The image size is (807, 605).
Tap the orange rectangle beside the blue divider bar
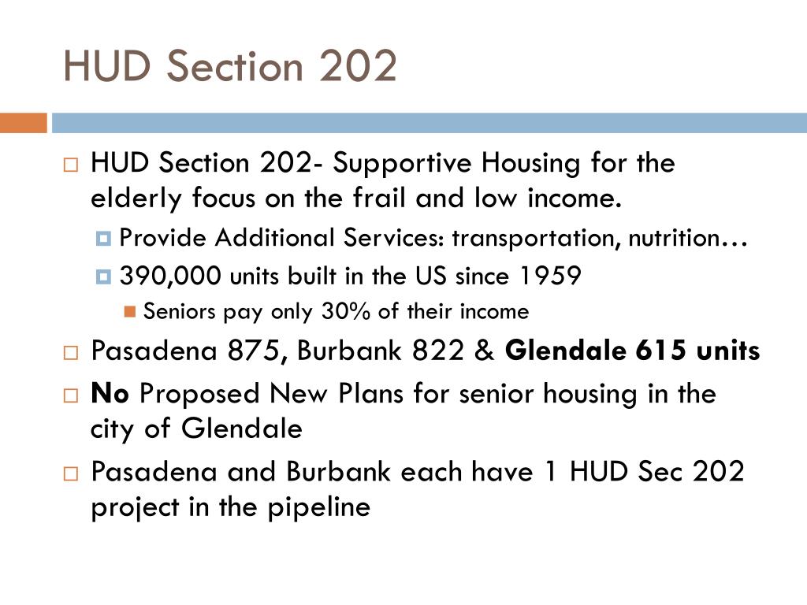(23, 123)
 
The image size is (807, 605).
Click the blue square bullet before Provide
(104, 239)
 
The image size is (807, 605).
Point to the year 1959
(550, 277)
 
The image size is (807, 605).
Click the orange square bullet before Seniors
(130, 312)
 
